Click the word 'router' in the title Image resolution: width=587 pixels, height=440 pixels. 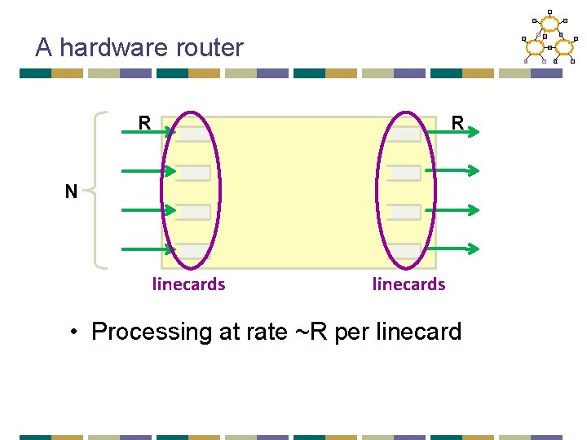click(207, 47)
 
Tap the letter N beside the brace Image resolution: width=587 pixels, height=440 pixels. click(72, 192)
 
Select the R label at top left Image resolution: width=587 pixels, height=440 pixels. click(144, 124)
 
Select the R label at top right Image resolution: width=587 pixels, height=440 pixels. click(458, 124)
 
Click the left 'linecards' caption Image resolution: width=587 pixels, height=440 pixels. click(188, 284)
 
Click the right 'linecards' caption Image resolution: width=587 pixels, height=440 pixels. click(408, 284)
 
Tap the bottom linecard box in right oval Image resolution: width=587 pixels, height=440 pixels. click(404, 251)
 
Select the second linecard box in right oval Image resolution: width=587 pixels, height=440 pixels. click(404, 174)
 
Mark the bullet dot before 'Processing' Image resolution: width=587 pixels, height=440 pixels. click(74, 332)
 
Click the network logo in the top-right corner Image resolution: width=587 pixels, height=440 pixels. click(547, 39)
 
